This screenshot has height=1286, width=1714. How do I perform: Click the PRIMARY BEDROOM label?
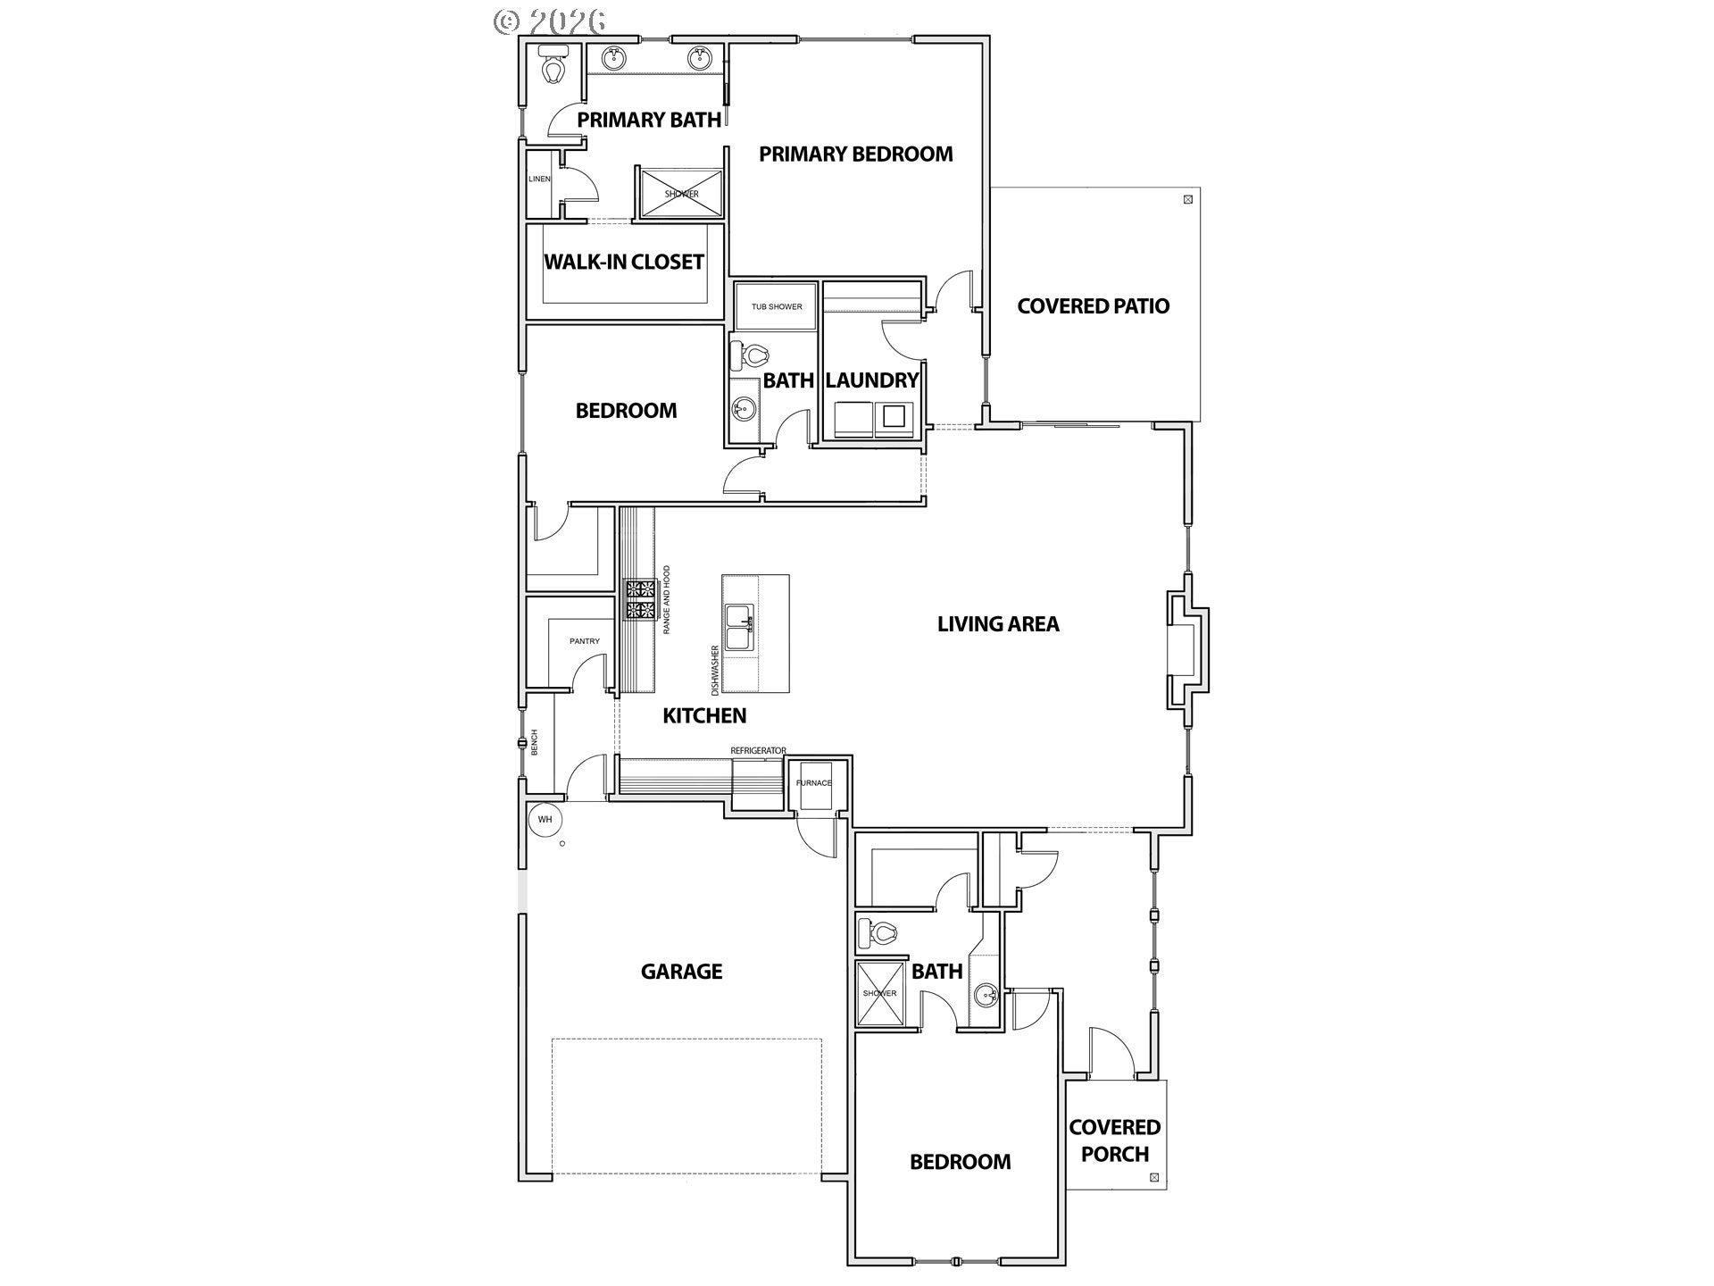pyautogui.click(x=855, y=154)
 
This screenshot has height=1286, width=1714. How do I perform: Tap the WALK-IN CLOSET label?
pyautogui.click(x=624, y=262)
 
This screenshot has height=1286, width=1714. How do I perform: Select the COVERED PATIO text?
pyautogui.click(x=1093, y=305)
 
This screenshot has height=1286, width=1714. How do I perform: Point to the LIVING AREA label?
pyautogui.click(x=998, y=623)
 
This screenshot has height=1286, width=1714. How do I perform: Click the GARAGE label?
pyautogui.click(x=681, y=971)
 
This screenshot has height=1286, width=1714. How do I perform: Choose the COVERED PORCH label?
pyautogui.click(x=1115, y=1140)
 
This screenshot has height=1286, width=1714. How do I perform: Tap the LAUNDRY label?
pyautogui.click(x=871, y=380)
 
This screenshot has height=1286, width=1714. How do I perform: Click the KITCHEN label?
pyautogui.click(x=704, y=715)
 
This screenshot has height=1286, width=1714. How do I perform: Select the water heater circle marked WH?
pyautogui.click(x=545, y=819)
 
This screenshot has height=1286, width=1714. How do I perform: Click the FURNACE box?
pyautogui.click(x=813, y=784)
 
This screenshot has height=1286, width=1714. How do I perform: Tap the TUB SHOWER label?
pyautogui.click(x=777, y=306)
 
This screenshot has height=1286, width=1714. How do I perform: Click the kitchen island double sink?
pyautogui.click(x=739, y=627)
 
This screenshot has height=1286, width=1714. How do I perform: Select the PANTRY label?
pyautogui.click(x=585, y=641)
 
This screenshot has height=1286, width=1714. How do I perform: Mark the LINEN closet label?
pyautogui.click(x=539, y=179)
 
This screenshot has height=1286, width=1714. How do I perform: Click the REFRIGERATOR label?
pyautogui.click(x=758, y=750)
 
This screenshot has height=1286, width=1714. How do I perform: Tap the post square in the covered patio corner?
pyautogui.click(x=1187, y=199)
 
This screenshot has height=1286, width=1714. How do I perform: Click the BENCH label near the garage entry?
pyautogui.click(x=535, y=742)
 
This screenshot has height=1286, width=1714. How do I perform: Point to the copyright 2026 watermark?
pyautogui.click(x=550, y=21)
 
